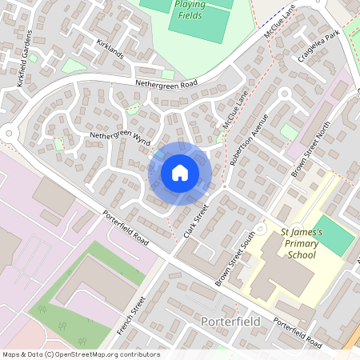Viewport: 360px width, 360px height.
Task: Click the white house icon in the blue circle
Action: tap(180, 172)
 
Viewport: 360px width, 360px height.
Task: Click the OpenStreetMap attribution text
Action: tap(80, 354)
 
